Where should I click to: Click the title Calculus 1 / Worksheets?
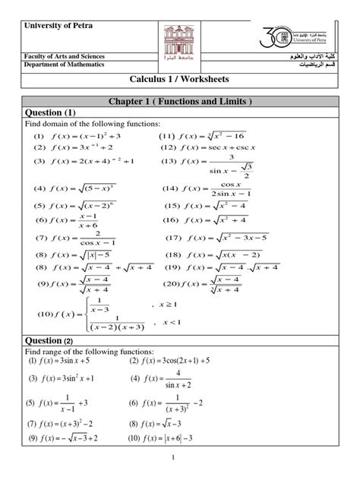click(x=179, y=81)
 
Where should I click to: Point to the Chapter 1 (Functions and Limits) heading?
click(x=179, y=101)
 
